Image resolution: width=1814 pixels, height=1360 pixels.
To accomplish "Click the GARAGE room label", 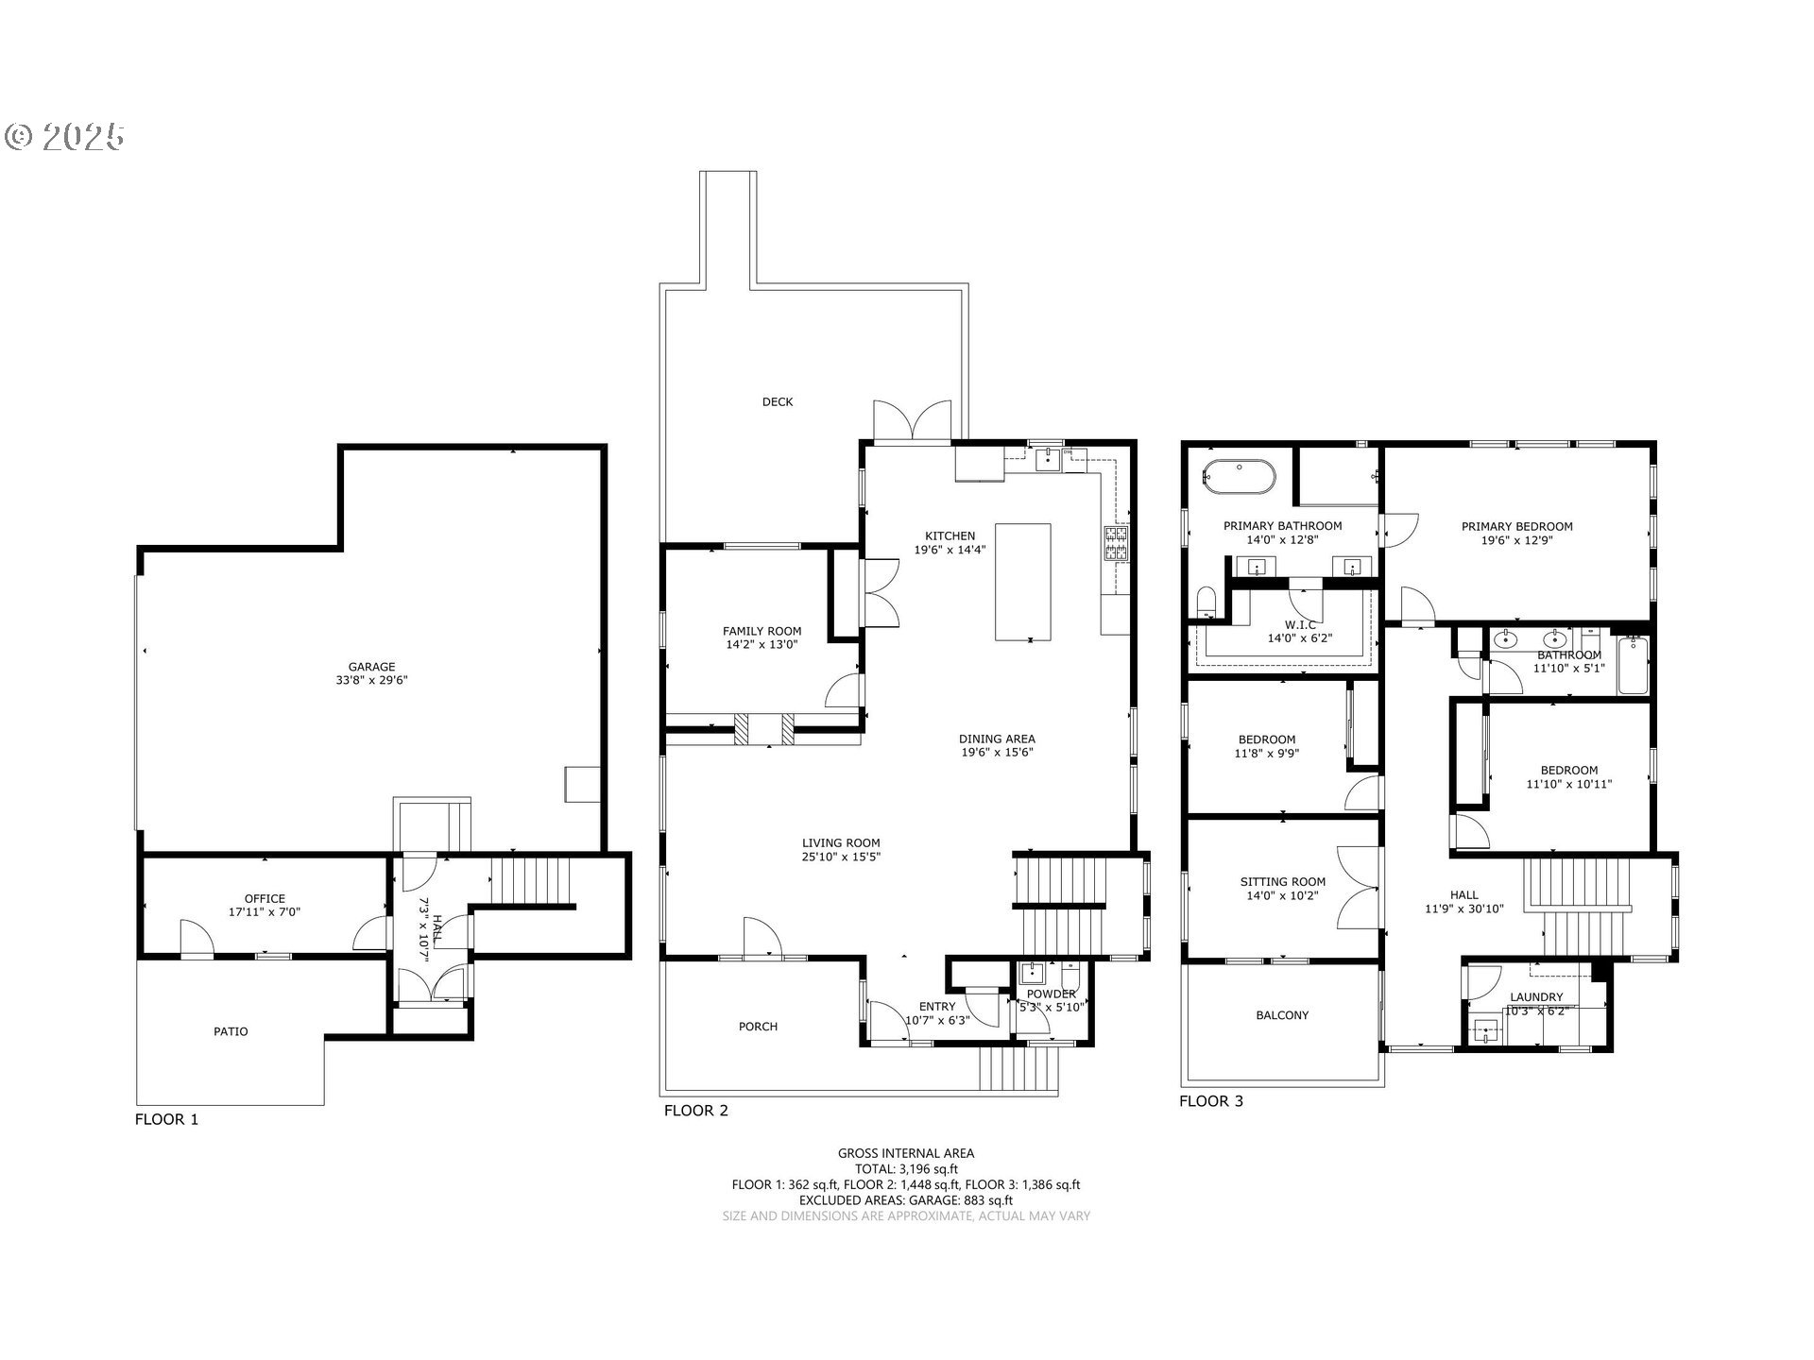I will click(x=371, y=666).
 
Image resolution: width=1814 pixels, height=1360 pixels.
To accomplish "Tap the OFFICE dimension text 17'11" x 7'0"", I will click(x=265, y=912).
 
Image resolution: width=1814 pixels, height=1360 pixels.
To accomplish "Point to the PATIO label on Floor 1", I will click(x=231, y=1031).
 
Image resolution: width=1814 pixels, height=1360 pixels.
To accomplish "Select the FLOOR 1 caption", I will click(x=166, y=1119).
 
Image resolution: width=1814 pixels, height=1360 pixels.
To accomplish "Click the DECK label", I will click(x=778, y=401).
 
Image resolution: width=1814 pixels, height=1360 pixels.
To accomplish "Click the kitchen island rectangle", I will click(x=1022, y=582).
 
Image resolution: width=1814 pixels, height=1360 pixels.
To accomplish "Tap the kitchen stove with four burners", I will click(x=1116, y=544).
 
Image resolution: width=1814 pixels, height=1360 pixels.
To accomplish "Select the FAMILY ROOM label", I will click(x=762, y=631).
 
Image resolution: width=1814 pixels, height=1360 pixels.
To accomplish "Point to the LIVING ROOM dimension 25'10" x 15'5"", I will click(x=841, y=858).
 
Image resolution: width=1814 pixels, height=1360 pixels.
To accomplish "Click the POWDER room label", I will click(x=1051, y=994).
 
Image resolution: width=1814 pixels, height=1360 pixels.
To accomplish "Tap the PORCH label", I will click(x=758, y=1026).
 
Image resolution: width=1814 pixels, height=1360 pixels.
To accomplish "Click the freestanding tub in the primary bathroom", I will click(x=1240, y=476).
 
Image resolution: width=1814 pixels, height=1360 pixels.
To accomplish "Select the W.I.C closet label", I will click(x=1300, y=625).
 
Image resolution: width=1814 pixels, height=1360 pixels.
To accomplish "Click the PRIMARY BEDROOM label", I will click(x=1516, y=526).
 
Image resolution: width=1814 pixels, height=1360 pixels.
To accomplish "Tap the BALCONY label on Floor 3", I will click(x=1282, y=1015).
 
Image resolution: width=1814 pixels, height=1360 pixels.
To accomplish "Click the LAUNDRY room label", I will click(x=1536, y=996).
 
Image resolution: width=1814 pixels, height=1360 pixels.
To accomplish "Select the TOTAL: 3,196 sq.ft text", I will click(x=906, y=1168).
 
